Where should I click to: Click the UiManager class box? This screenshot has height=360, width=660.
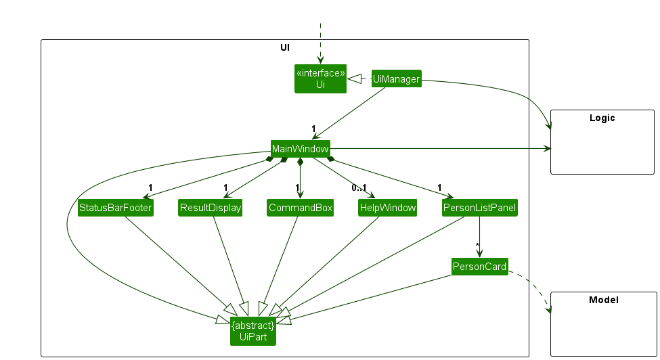click(396, 79)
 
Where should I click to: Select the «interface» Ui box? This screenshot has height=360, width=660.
click(320, 78)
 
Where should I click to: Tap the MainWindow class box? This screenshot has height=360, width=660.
click(300, 149)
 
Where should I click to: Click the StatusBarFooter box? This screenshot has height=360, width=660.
click(115, 208)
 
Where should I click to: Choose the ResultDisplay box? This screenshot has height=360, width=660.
click(210, 208)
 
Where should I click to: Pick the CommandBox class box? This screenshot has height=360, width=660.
click(300, 208)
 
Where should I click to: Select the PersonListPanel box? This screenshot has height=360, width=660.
click(479, 208)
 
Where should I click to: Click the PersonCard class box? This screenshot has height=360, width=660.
click(479, 267)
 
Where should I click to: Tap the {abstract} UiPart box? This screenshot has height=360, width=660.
click(253, 332)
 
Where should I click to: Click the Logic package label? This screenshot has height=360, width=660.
click(602, 118)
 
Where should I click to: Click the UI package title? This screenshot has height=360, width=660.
click(285, 47)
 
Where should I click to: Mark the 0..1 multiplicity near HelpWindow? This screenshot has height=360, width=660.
click(358, 187)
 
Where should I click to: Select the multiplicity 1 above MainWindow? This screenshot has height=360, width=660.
click(314, 128)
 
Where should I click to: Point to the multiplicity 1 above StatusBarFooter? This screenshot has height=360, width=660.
click(150, 187)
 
